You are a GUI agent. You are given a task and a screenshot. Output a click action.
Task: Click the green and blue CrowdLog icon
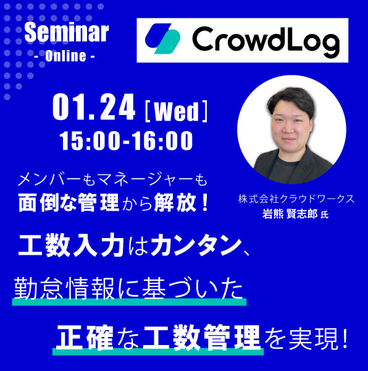click(x=162, y=40)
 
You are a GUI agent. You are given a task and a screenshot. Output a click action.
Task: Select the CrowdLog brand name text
click(x=266, y=41)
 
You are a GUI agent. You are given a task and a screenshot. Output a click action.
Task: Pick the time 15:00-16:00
click(x=127, y=141)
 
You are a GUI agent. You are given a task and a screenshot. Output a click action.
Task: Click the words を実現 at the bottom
click(x=301, y=335)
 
